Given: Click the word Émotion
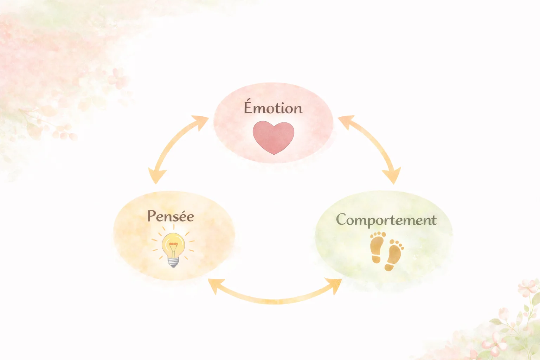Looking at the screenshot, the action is [273, 106].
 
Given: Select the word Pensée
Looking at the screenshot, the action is [171, 216].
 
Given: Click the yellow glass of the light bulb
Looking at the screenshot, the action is [173, 245].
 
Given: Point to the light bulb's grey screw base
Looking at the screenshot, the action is [173, 262].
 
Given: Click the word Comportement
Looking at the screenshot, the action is [386, 220].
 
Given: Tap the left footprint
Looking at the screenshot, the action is [378, 247].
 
